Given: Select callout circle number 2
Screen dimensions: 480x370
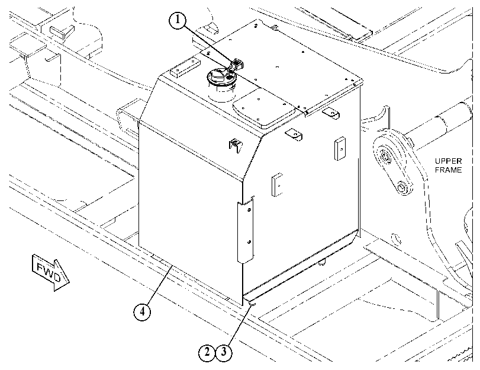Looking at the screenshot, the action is point(207,352).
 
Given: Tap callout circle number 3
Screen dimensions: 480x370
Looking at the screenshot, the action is point(224,352).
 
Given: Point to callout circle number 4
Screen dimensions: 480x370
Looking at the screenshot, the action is point(141,312).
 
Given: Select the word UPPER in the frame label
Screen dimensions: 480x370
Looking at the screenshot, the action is point(448,161).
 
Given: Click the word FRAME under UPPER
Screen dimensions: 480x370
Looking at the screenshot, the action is point(448,170).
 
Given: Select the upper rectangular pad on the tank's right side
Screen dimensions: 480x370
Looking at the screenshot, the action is point(340,148).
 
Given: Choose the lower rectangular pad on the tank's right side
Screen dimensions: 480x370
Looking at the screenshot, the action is point(277,184).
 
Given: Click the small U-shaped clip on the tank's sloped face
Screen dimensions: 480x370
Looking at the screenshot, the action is point(235,146).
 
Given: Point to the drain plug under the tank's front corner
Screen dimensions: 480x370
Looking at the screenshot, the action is point(253,304).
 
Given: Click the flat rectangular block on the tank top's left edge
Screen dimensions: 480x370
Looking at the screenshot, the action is point(185,68).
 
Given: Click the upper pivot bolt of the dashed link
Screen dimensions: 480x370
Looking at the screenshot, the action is point(385,157).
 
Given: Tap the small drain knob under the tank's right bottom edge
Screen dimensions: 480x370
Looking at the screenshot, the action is point(321,263).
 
